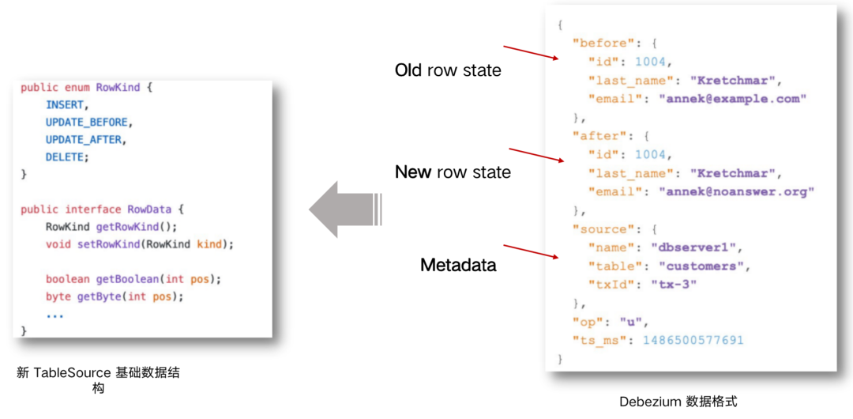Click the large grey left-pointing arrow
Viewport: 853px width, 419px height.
344,209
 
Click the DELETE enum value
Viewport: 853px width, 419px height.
66,157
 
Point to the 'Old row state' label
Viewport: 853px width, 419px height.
448,70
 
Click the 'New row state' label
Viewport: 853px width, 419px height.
453,172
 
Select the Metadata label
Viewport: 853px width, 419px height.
458,265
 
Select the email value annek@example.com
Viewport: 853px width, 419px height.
736,99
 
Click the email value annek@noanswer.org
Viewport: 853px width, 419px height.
740,191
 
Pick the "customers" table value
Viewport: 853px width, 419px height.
700,266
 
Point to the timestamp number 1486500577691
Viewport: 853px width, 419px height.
693,341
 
